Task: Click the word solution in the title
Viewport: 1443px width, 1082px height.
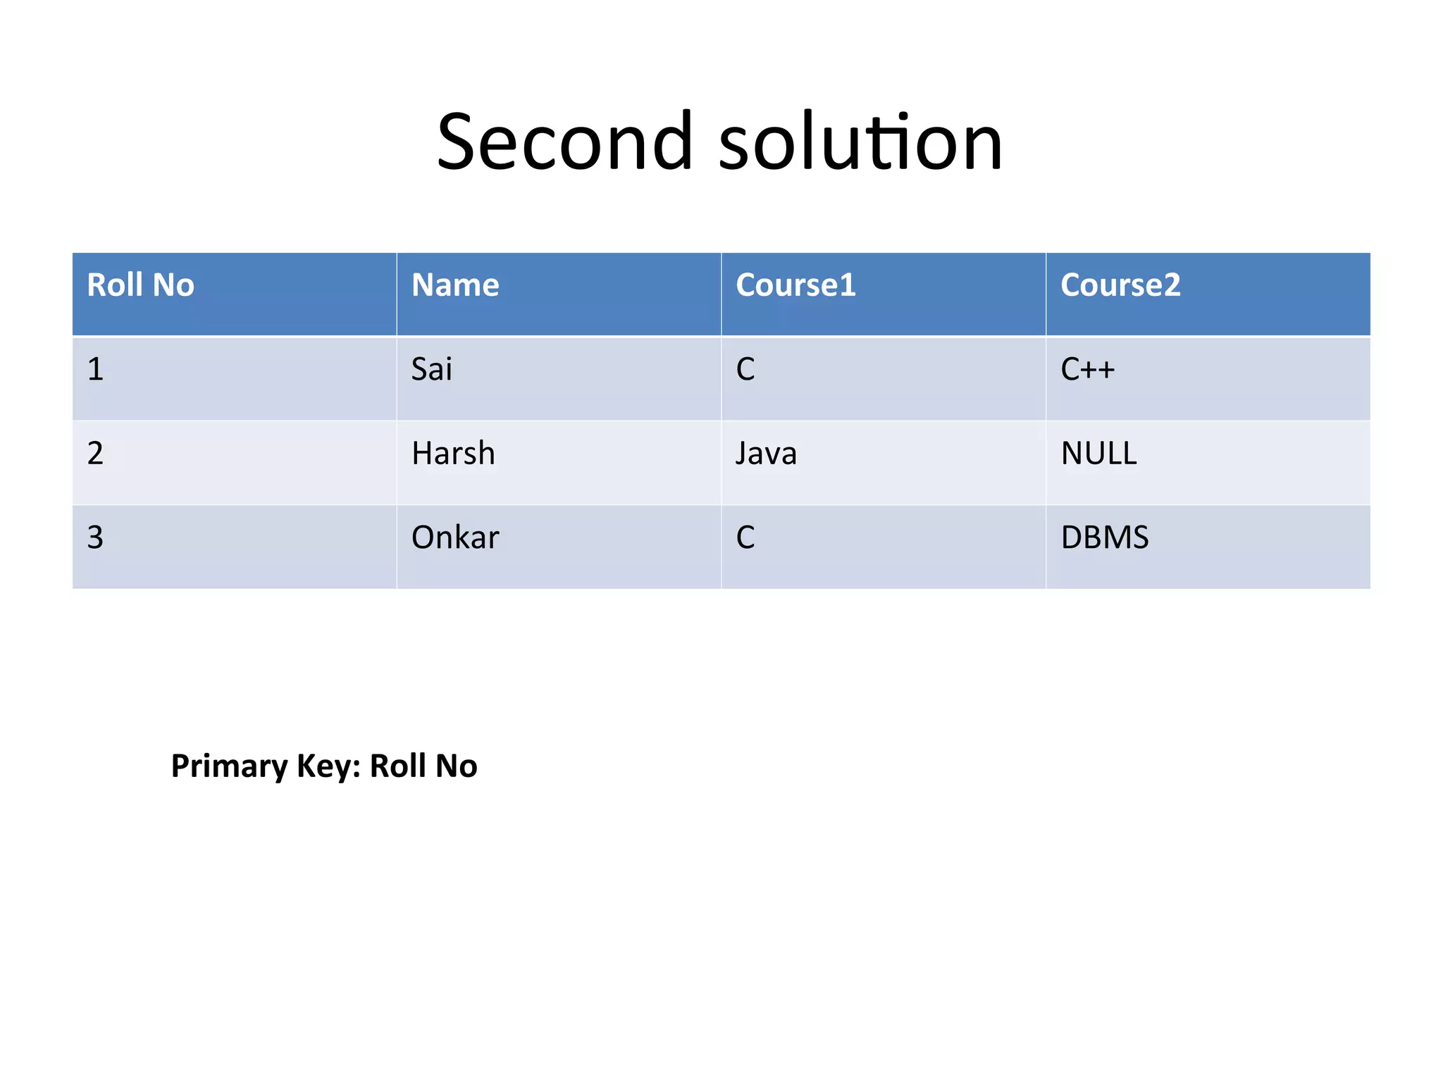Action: click(x=860, y=142)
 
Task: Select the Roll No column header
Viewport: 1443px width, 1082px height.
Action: click(x=140, y=285)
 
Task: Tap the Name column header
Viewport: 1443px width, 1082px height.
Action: click(x=455, y=285)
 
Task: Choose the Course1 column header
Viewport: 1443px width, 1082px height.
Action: click(x=795, y=285)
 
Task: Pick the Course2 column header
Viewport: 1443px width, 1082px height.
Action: click(x=1120, y=285)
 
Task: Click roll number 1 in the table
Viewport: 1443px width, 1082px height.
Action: click(x=95, y=370)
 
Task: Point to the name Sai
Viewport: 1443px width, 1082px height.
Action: click(x=431, y=370)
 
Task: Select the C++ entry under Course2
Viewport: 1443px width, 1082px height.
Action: click(x=1087, y=370)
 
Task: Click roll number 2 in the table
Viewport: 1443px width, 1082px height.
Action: click(x=95, y=454)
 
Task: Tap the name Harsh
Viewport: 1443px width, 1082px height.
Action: click(x=453, y=454)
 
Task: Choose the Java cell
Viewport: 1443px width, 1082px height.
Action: click(x=766, y=454)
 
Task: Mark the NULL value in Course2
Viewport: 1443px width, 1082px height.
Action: click(x=1098, y=454)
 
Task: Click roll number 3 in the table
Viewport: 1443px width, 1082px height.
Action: click(x=95, y=537)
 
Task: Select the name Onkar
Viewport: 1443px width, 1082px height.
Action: click(x=455, y=537)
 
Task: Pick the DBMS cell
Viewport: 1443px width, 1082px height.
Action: click(x=1104, y=537)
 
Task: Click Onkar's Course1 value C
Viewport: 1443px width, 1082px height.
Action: click(x=745, y=537)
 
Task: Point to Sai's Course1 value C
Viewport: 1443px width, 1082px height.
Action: click(x=745, y=370)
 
